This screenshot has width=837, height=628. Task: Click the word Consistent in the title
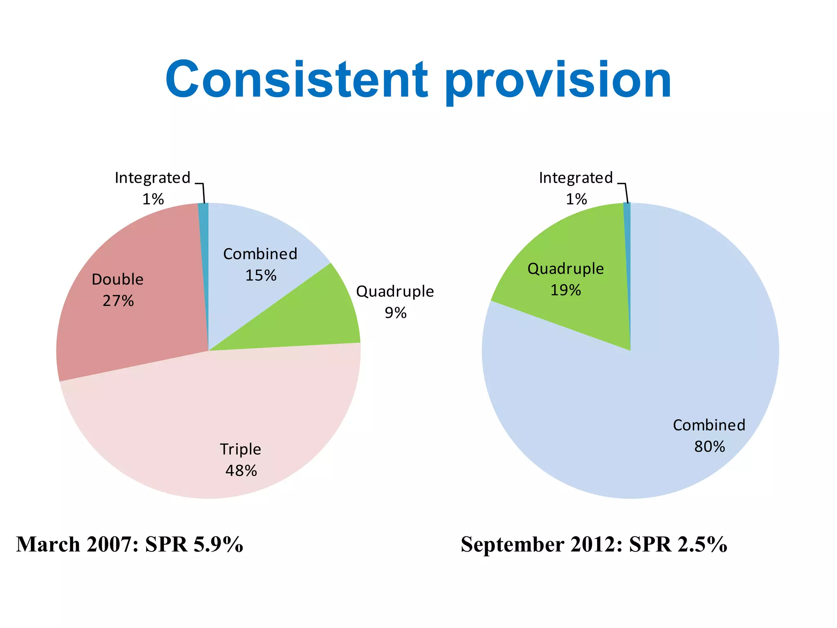[297, 80]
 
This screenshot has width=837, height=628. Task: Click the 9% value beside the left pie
[395, 313]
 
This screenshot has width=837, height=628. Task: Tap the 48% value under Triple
[241, 471]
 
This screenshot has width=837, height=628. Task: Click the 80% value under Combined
[709, 446]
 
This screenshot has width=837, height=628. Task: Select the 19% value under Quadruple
[566, 290]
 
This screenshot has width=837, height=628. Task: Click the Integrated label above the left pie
[152, 178]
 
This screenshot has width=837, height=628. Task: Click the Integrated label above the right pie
[576, 178]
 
